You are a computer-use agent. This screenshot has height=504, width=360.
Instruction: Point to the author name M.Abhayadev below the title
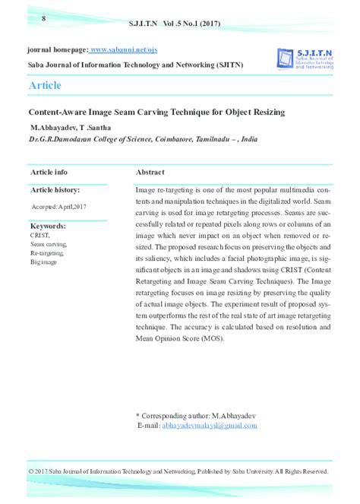coord(55,127)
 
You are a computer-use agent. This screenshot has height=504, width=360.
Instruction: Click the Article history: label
coord(55,189)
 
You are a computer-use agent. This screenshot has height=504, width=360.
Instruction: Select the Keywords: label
coord(48,227)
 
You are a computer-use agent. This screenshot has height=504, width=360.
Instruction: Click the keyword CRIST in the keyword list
coord(39,236)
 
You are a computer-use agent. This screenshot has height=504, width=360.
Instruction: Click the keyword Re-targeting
coord(48,252)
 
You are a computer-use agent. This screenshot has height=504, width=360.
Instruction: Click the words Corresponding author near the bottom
coord(176,416)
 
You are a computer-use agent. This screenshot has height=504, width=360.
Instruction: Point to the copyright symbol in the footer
coord(30,472)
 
